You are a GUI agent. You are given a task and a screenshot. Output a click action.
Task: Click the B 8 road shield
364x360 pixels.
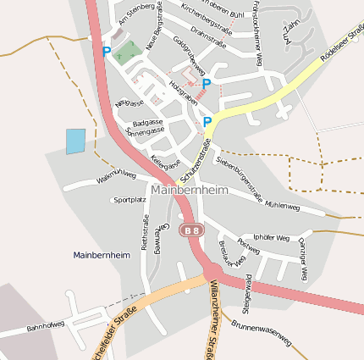coord(192,230)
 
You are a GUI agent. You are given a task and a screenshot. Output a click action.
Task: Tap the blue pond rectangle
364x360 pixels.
coord(76,141)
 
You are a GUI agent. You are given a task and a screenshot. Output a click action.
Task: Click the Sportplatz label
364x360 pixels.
coord(130,201)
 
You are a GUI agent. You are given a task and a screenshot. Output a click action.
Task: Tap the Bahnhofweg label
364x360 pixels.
coord(45,325)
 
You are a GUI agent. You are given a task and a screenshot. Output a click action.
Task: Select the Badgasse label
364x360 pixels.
coord(147,122)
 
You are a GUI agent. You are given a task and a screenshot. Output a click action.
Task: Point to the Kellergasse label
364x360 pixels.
coord(165,162)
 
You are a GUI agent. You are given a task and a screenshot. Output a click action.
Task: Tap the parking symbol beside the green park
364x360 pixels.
coord(107,52)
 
